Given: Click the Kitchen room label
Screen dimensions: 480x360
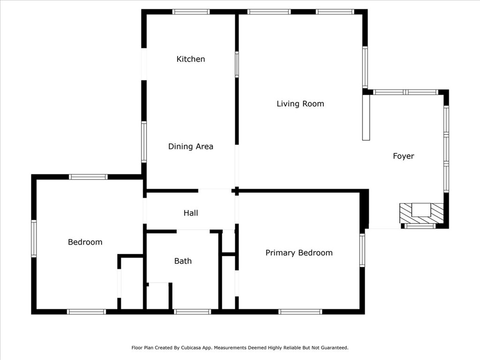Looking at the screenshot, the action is (191, 59).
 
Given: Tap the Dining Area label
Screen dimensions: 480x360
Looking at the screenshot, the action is (191, 146).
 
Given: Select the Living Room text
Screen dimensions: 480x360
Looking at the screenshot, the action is (300, 104).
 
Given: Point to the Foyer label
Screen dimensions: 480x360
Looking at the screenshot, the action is (404, 156).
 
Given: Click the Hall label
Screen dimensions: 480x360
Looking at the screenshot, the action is (191, 213).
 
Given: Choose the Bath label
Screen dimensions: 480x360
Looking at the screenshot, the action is (183, 261).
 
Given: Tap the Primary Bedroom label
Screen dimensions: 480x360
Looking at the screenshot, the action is (299, 253).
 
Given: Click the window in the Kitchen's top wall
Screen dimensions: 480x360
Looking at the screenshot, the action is (191, 12).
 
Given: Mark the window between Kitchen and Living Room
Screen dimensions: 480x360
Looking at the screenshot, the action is (237, 64).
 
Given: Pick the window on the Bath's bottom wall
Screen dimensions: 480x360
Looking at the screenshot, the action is (193, 312).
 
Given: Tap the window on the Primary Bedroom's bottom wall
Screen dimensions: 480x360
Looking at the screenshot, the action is (300, 312).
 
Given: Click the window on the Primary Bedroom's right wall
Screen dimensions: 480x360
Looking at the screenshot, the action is (362, 250).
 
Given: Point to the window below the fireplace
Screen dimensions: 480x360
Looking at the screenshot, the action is (420, 226).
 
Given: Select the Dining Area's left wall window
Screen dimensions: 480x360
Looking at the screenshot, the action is (144, 142).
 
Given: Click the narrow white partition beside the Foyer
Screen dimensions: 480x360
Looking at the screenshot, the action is (366, 118).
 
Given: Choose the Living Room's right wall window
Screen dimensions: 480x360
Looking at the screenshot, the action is (365, 67).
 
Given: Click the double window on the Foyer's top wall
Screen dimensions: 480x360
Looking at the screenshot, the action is (406, 92).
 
